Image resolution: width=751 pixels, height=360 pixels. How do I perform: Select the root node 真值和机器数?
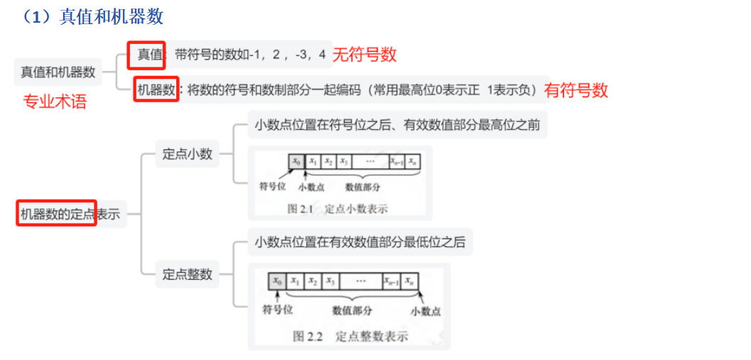tap(58, 72)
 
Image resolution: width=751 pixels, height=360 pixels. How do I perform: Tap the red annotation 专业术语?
tap(55, 102)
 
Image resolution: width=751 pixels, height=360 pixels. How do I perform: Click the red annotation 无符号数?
tap(364, 54)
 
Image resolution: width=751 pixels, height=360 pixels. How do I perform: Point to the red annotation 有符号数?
tap(576, 90)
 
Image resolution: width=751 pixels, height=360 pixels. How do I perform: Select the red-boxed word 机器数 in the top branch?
tap(156, 90)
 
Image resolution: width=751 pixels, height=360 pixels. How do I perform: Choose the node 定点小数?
tap(188, 154)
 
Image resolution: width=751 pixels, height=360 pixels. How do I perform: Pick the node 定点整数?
tap(188, 274)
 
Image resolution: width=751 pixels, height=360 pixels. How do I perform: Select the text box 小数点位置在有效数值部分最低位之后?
tap(360, 242)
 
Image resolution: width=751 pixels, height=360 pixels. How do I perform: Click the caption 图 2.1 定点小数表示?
tap(337, 209)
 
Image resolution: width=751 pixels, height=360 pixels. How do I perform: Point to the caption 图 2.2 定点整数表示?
tap(350, 337)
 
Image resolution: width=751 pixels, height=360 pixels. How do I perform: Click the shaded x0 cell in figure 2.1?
tap(296, 162)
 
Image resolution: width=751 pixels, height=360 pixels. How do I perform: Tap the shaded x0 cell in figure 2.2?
tap(277, 281)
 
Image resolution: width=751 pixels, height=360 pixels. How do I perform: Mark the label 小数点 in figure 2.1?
tap(310, 187)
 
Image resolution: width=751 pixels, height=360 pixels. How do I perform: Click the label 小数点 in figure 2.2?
tap(425, 311)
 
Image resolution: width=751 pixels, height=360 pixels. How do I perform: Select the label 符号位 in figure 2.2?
tap(277, 310)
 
